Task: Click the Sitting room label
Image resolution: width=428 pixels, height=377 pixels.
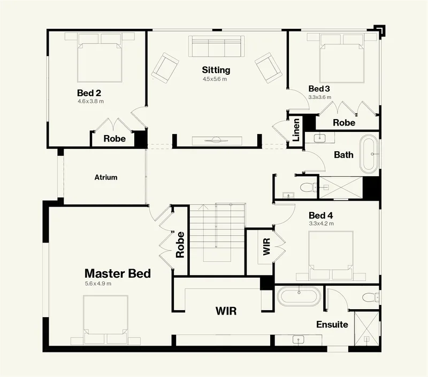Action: point(216,70)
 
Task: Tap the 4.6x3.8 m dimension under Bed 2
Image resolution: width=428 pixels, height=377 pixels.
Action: point(90,101)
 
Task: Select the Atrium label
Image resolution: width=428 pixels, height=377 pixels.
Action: point(106,177)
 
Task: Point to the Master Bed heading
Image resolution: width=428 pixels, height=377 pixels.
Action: point(117,273)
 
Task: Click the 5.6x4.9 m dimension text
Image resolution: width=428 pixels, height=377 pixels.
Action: point(98,284)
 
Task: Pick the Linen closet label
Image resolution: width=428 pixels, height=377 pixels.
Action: point(296,130)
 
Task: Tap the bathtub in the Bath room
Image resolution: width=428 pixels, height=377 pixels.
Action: point(369,154)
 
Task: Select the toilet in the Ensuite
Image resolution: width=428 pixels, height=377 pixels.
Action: point(370,297)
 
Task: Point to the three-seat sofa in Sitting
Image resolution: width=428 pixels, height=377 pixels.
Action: point(216,46)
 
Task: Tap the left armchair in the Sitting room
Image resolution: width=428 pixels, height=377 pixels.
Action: point(165,66)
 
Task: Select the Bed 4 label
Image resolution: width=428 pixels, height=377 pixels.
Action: point(320,216)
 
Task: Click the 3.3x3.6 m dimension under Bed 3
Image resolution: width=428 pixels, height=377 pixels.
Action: point(320,97)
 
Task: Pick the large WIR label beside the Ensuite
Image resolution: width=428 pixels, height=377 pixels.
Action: point(226,311)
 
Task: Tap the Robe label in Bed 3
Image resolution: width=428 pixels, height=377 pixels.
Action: point(344,123)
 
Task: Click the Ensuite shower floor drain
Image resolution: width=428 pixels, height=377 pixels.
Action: point(366,339)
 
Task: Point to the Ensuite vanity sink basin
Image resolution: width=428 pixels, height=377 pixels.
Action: point(299,340)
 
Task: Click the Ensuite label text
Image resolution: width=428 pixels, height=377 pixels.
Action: point(332,325)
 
